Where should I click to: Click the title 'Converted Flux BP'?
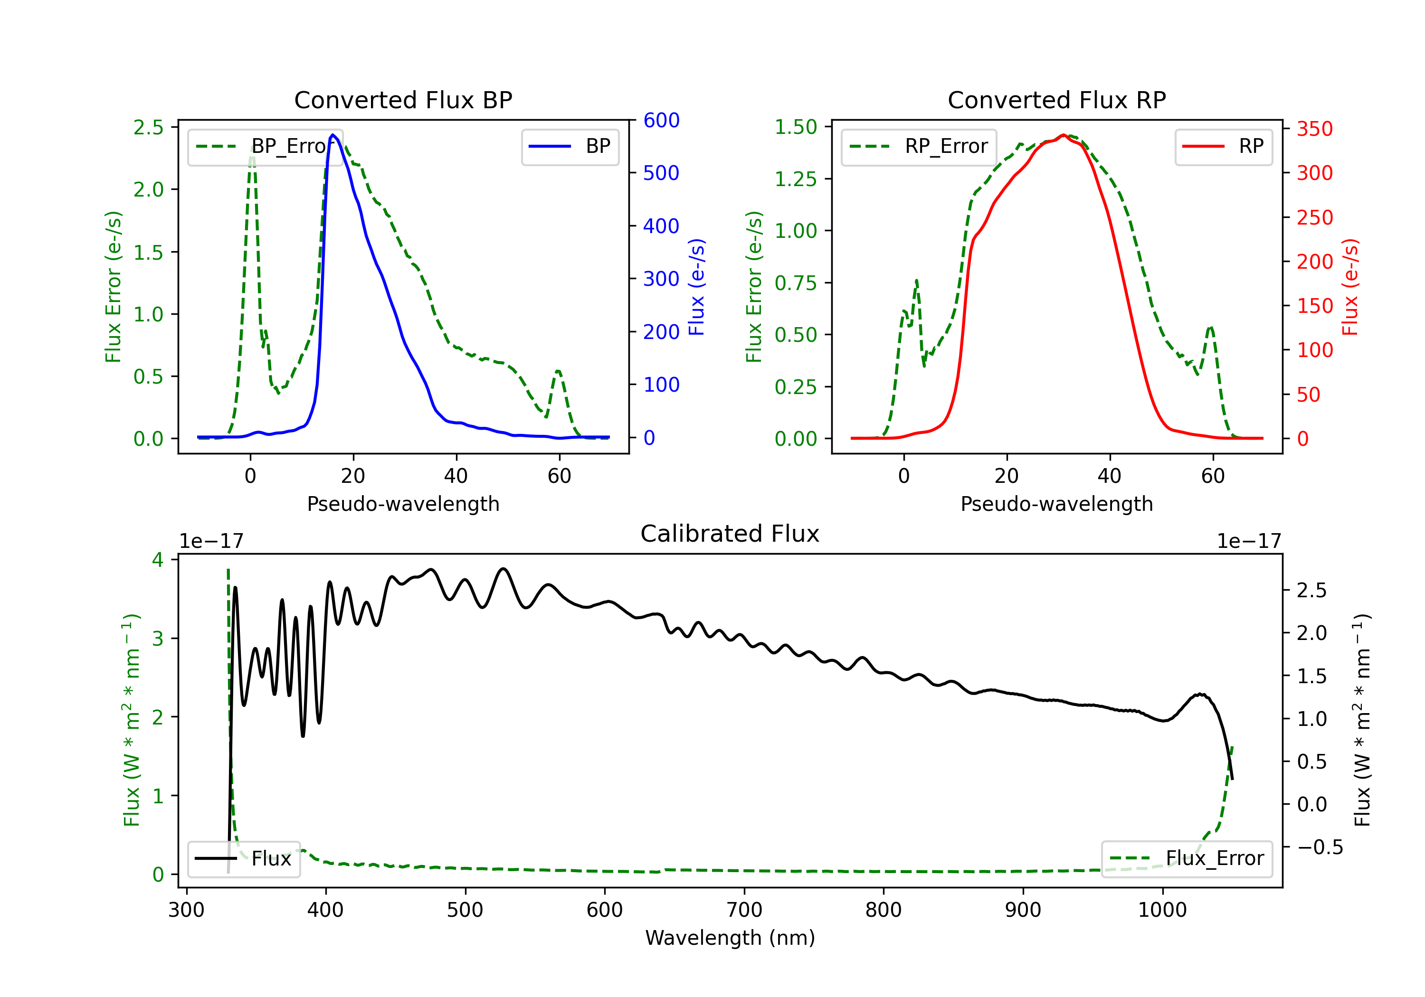coord(403,100)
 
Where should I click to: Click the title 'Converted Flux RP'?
coord(1056,100)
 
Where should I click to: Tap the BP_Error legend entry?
coord(265,146)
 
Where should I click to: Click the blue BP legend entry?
coord(570,146)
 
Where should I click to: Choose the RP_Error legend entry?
coord(919,146)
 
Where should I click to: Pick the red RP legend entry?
coord(1223,146)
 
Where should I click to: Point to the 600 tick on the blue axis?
coord(661,121)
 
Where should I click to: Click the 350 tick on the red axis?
coord(1314,129)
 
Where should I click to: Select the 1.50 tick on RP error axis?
coord(796,127)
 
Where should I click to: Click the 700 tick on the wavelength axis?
coord(744,910)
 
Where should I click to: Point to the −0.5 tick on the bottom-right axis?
coord(1320,847)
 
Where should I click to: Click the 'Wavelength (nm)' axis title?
coord(730,938)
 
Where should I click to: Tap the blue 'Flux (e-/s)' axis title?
coord(697,287)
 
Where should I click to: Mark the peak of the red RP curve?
coord(1063,135)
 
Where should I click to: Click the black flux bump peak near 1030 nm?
coord(1201,694)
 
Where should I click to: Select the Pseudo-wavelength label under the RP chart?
coord(1056,504)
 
